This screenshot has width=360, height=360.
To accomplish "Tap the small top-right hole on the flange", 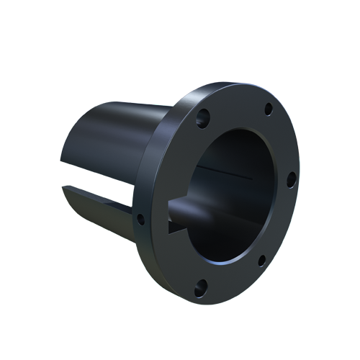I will [268, 110].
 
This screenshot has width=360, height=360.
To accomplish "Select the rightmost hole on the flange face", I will [291, 180].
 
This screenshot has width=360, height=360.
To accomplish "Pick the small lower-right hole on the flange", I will [262, 261].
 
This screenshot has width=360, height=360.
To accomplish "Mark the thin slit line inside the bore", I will [223, 174].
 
